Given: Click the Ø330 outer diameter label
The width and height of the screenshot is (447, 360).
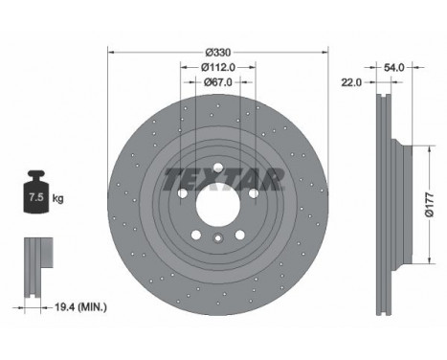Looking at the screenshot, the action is pyautogui.click(x=218, y=52).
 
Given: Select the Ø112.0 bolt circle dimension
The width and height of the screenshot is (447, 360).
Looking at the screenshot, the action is pyautogui.click(x=218, y=67).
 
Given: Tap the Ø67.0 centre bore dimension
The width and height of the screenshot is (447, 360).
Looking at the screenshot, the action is pyautogui.click(x=218, y=82).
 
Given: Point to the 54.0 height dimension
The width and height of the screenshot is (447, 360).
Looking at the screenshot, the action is pyautogui.click(x=393, y=67).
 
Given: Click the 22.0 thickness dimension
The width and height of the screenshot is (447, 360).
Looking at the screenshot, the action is pyautogui.click(x=352, y=82).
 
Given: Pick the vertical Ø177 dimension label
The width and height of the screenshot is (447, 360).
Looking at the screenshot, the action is pyautogui.click(x=430, y=205).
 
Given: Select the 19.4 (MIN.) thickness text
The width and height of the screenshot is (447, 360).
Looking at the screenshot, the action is pyautogui.click(x=81, y=307).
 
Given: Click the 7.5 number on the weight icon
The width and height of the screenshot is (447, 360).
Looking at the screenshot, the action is pyautogui.click(x=36, y=197).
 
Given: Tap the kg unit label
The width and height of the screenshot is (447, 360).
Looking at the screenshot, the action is pyautogui.click(x=57, y=198).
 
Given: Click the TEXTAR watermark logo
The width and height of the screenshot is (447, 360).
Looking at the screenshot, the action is pyautogui.click(x=224, y=179).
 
